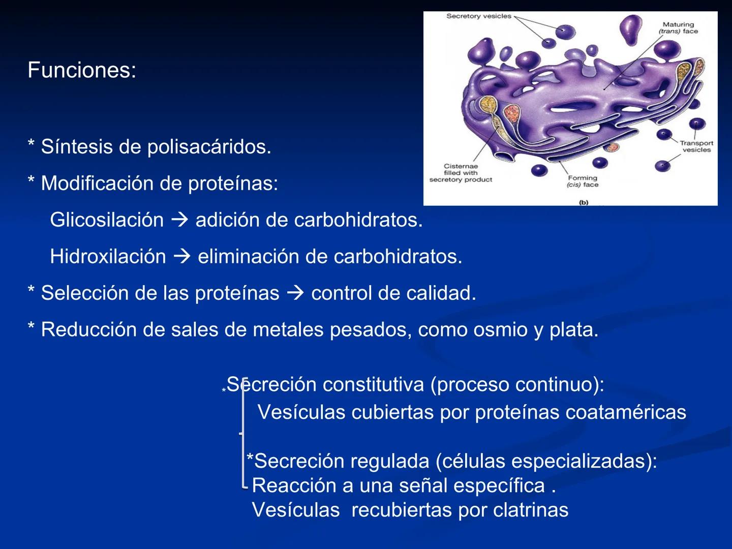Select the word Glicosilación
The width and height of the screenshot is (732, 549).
tap(107, 220)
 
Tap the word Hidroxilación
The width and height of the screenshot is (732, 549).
tap(108, 257)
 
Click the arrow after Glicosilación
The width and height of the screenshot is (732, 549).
tap(180, 220)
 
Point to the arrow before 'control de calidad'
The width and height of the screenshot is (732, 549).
tap(295, 293)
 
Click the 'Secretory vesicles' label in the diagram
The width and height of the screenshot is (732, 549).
tap(478, 16)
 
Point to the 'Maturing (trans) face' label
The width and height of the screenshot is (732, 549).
tap(678, 28)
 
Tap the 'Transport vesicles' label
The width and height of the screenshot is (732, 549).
tap(696, 146)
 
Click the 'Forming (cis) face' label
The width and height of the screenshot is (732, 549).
tap(583, 181)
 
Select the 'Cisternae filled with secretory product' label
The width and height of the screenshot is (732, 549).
tap(461, 173)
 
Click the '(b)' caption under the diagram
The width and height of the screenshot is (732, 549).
tap(583, 202)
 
